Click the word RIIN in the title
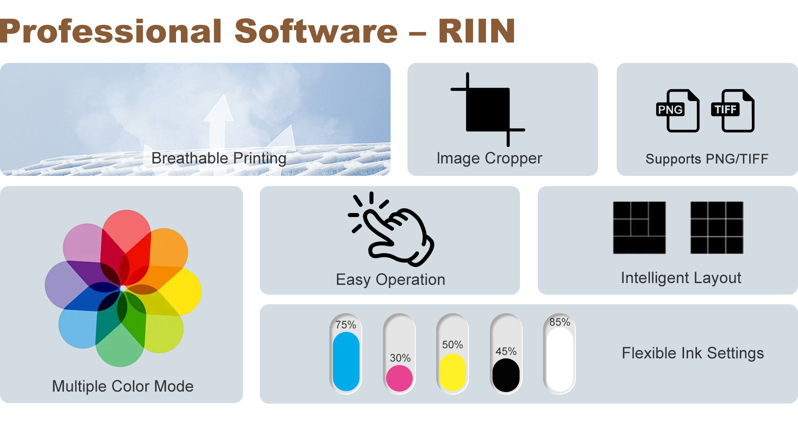pos(477,31)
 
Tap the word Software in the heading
pos(316,31)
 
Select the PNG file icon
pos(678,111)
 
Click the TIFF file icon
pos(733,111)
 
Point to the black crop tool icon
pos(488,109)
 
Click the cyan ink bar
pos(346,361)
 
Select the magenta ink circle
pos(399,378)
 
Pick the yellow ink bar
pos(453,372)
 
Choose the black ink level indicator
pos(506,375)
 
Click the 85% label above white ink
pos(560,322)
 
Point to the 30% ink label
pos(400,358)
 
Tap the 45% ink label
pos(506,351)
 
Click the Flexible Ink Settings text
pos(693,353)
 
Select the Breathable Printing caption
pos(219,158)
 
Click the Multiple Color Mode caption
pos(123,386)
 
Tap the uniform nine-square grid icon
pos(717,228)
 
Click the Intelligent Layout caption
pos(681,278)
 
